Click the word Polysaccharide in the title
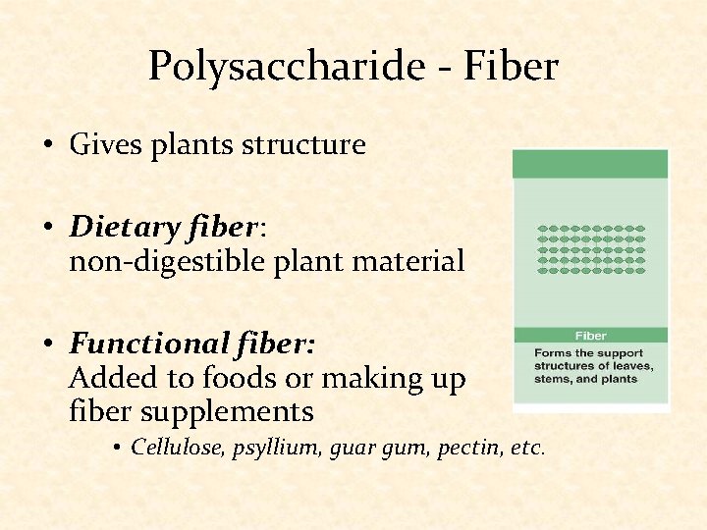pyautogui.click(x=255, y=67)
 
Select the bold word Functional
pyautogui.click(x=147, y=344)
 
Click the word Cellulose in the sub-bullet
pyautogui.click(x=169, y=448)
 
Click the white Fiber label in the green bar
pyautogui.click(x=590, y=336)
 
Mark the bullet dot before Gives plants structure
pyautogui.click(x=47, y=147)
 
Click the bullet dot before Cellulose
pyautogui.click(x=116, y=449)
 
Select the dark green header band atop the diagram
pyautogui.click(x=590, y=164)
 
